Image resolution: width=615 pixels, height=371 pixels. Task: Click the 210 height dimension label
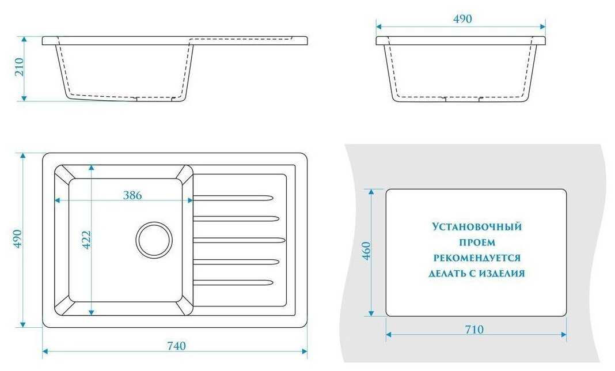point(18,69)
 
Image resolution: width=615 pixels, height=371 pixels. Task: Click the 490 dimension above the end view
point(462,18)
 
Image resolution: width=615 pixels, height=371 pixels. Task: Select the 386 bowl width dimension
point(132,195)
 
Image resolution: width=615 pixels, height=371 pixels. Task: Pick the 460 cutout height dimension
point(366,252)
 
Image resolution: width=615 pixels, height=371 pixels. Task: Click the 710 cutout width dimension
point(476,330)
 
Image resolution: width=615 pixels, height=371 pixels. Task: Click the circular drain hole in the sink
point(154,239)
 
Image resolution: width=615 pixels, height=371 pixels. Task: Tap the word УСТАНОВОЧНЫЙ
point(476,227)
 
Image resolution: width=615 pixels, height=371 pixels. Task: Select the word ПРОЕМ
point(477,243)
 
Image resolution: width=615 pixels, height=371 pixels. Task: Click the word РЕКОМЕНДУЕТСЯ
point(477,258)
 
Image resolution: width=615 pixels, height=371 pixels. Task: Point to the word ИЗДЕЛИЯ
point(503,274)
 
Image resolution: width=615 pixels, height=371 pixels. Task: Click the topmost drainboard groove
point(233,198)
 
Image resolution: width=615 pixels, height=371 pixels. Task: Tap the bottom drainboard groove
point(233,282)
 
